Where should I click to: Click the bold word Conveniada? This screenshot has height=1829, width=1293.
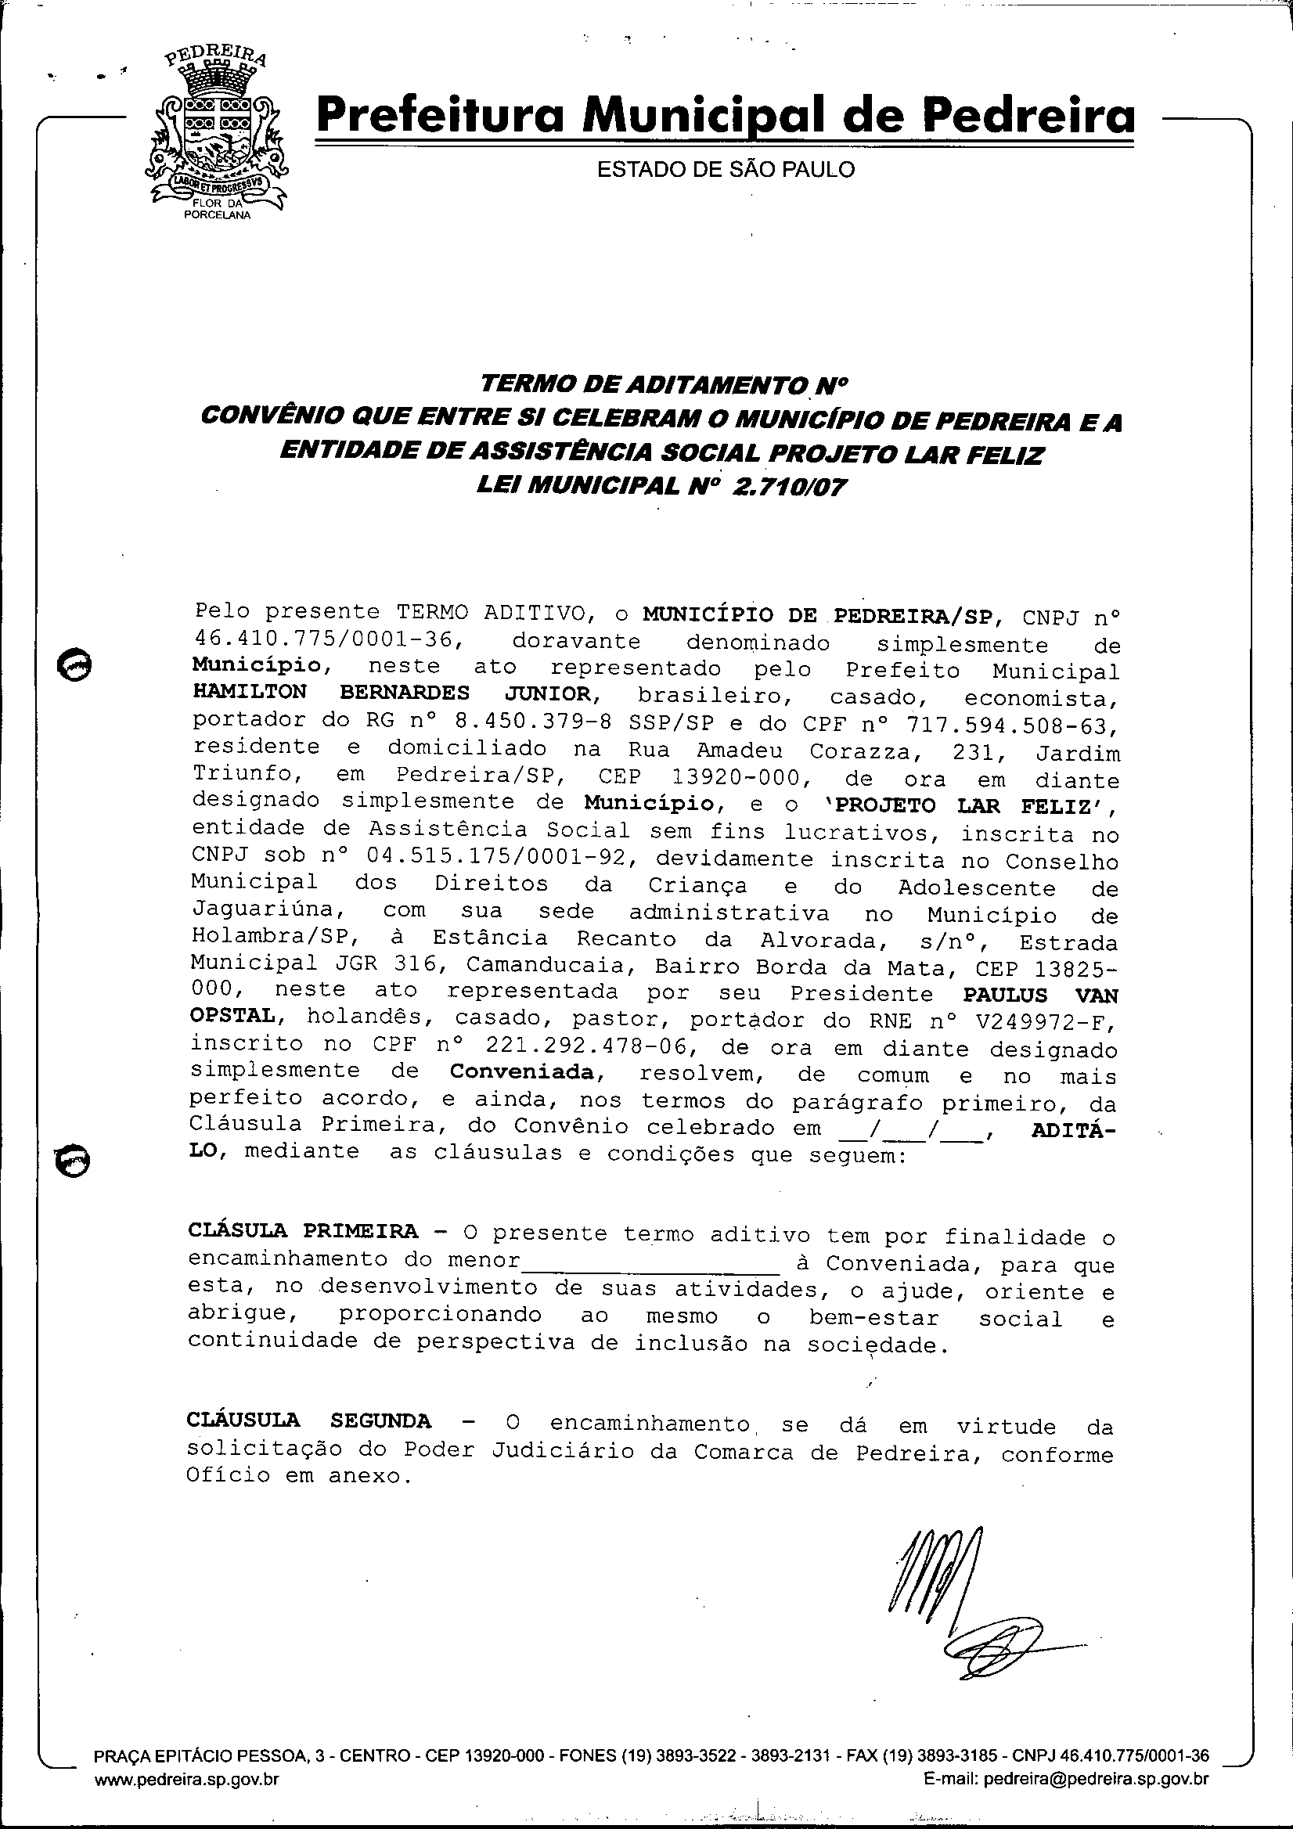[522, 1072]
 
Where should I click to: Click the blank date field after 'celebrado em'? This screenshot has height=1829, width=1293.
[913, 1128]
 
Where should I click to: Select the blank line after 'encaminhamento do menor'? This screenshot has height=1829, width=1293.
[650, 1262]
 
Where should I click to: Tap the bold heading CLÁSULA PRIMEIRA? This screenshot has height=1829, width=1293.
[303, 1231]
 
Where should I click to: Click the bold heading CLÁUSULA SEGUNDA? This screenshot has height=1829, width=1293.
[309, 1421]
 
